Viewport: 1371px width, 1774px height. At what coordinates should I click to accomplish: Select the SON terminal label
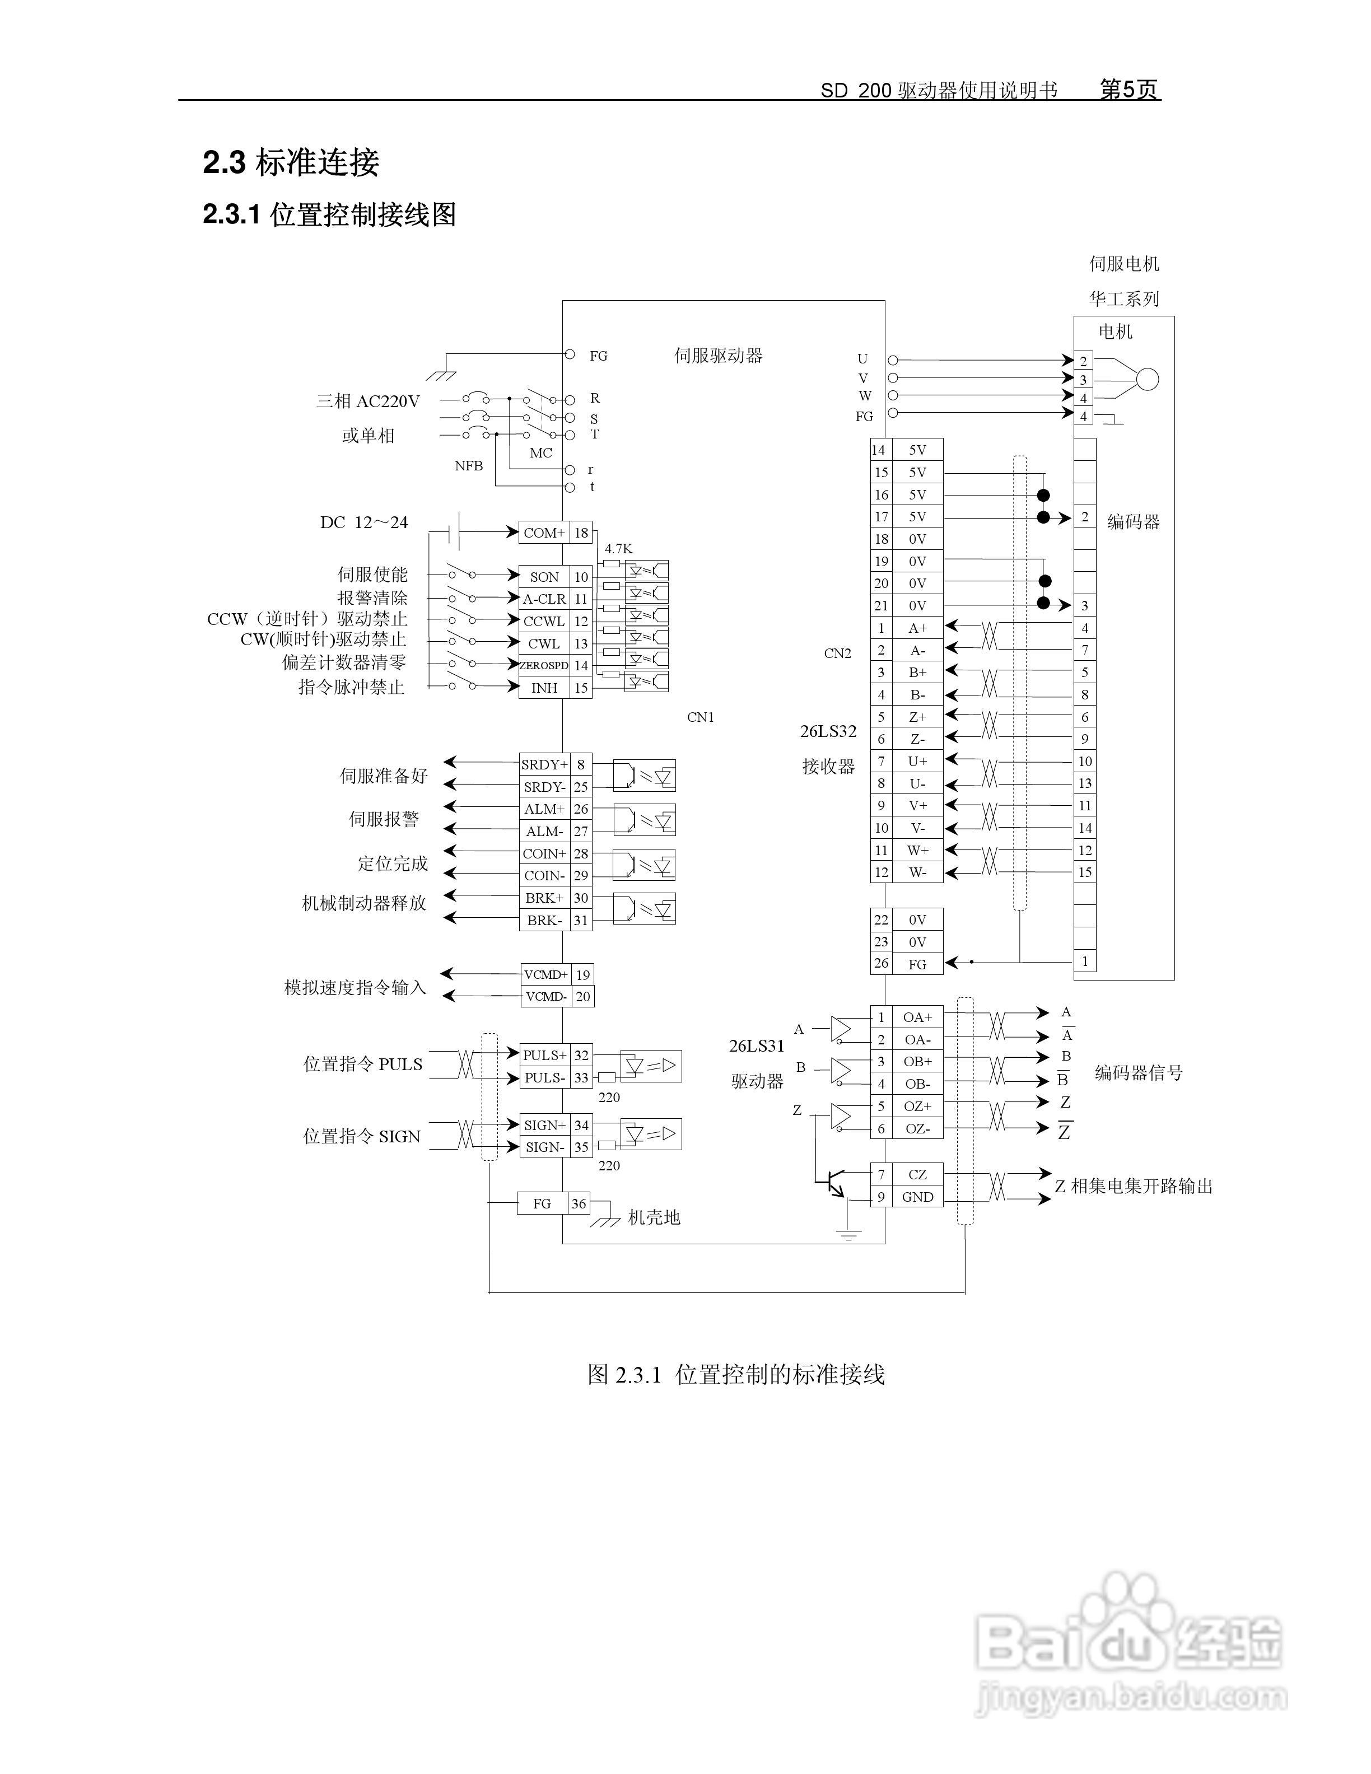pyautogui.click(x=544, y=577)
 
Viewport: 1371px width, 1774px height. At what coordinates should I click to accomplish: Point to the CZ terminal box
pyautogui.click(x=917, y=1174)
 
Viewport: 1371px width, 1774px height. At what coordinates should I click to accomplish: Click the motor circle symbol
pyautogui.click(x=1147, y=379)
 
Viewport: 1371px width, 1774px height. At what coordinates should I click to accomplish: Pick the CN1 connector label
pyautogui.click(x=700, y=717)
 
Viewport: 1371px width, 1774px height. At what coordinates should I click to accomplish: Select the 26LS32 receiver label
pyautogui.click(x=828, y=731)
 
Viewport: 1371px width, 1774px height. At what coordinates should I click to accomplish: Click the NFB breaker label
pyautogui.click(x=469, y=465)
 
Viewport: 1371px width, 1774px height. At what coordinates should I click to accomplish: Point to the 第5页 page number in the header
pyautogui.click(x=1128, y=90)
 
